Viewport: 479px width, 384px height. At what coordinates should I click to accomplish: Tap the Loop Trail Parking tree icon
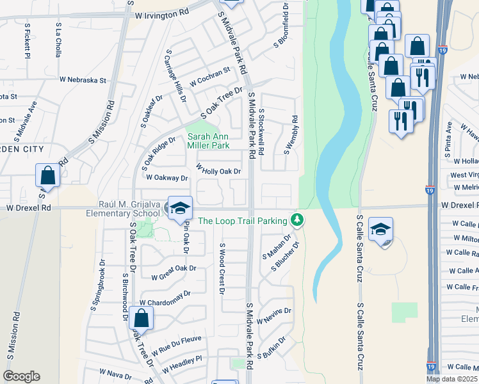pyautogui.click(x=296, y=220)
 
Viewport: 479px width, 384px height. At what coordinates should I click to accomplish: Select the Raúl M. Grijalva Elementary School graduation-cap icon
pyautogui.click(x=180, y=209)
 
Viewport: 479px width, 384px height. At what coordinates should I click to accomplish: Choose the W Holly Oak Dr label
pyautogui.click(x=218, y=170)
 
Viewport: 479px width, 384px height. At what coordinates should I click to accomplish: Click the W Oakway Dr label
pyautogui.click(x=166, y=178)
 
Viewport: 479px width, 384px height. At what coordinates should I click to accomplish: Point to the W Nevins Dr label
pyautogui.click(x=274, y=316)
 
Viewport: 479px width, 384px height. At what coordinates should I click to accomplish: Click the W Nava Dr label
pyautogui.click(x=115, y=372)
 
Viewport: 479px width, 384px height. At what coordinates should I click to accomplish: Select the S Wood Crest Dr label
pyautogui.click(x=222, y=269)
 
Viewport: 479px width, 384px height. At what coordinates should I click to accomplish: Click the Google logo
pyautogui.click(x=21, y=376)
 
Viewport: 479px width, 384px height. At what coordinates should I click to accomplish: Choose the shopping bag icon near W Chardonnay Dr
pyautogui.click(x=141, y=317)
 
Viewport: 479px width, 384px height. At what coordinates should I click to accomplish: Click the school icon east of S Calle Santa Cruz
pyautogui.click(x=381, y=230)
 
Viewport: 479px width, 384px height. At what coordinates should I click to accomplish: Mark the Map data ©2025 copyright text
pyautogui.click(x=451, y=379)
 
